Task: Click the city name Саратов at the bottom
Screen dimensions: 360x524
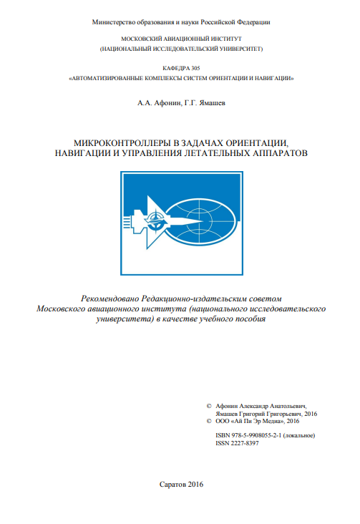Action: pyautogui.click(x=171, y=485)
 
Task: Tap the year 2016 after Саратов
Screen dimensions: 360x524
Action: pyautogui.click(x=195, y=485)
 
